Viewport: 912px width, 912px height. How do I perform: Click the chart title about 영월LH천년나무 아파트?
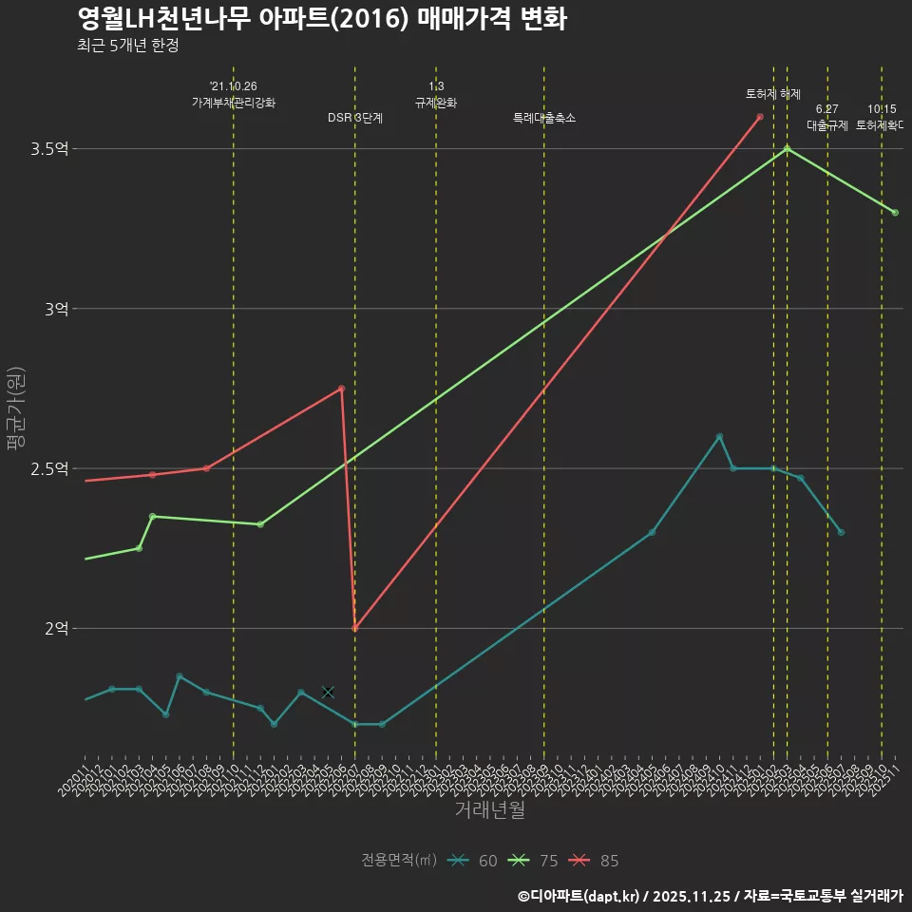coord(322,18)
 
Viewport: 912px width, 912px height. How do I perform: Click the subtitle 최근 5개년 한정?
coord(127,45)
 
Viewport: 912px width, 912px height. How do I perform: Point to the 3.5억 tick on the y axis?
coord(49,149)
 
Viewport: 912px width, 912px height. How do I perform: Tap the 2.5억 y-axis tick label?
coord(49,468)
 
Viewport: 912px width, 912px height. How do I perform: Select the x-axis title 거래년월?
coord(488,810)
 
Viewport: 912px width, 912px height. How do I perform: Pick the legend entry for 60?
coord(474,861)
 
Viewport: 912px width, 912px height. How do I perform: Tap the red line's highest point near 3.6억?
coord(760,117)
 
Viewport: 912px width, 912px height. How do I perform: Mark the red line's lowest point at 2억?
coord(354,629)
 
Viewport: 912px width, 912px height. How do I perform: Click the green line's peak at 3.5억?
coord(787,148)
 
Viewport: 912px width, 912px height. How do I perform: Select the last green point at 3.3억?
coord(895,213)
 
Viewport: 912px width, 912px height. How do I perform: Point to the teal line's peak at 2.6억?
coord(719,436)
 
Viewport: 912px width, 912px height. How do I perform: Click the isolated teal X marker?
coord(328,692)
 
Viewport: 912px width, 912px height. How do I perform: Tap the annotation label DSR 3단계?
coord(355,119)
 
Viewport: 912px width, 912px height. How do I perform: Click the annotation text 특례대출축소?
coord(544,119)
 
